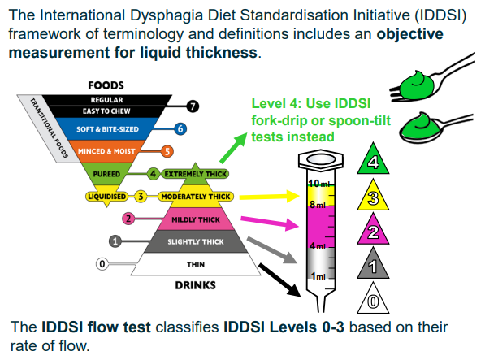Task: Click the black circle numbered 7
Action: [x=193, y=106]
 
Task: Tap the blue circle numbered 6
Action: [x=180, y=128]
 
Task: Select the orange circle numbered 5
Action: [x=167, y=151]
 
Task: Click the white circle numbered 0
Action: [x=102, y=264]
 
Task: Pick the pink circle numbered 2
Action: [x=128, y=219]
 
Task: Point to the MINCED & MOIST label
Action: [x=106, y=151]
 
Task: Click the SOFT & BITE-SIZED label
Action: [x=107, y=129]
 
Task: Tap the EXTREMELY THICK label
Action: [x=195, y=174]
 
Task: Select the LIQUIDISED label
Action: [x=106, y=197]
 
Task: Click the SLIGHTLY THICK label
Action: [x=196, y=242]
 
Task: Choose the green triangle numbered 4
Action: [x=373, y=160]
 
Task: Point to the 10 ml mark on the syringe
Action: [x=319, y=184]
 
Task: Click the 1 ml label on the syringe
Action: [x=318, y=276]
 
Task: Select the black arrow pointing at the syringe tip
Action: [x=279, y=280]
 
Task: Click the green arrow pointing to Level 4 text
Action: [x=233, y=148]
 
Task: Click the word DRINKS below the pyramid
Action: [x=195, y=285]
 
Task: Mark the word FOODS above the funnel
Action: [x=106, y=85]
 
